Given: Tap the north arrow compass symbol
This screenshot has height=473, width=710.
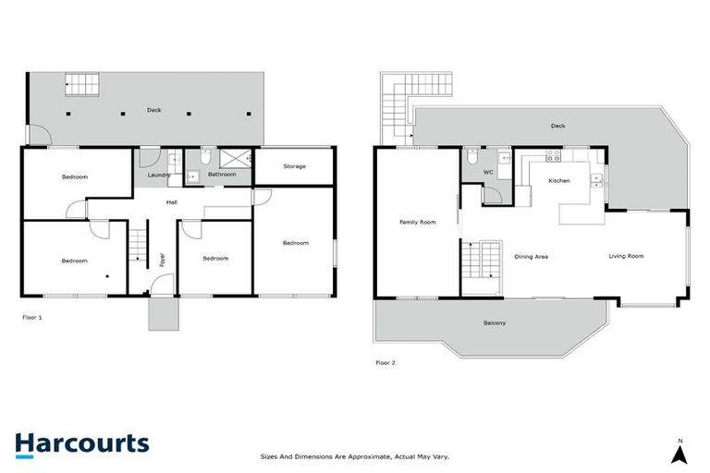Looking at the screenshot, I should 679,453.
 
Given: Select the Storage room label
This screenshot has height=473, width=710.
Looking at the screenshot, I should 294,166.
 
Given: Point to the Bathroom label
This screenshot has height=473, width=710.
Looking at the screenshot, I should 222,175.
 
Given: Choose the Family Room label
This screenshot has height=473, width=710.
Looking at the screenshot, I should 417,223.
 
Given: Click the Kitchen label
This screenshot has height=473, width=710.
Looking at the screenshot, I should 560,181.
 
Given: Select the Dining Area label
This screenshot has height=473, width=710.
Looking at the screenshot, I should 532,256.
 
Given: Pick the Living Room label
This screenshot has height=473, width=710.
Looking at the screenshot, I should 626,256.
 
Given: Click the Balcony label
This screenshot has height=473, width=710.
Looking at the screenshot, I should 495,322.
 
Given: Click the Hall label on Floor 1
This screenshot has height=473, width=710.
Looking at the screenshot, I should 172,201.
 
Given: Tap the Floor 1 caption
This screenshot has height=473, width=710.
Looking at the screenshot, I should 32,317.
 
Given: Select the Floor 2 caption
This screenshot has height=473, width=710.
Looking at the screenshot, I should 385,362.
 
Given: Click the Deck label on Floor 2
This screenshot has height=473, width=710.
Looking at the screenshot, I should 557,126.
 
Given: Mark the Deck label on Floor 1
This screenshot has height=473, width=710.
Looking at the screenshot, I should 153,110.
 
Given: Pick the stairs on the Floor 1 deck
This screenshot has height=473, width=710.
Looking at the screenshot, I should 80,83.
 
